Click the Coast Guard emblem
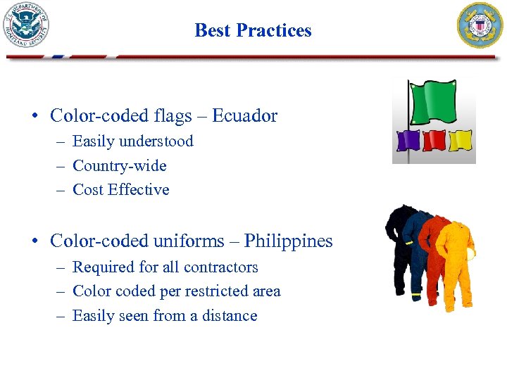point(481,25)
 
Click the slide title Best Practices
point(253,30)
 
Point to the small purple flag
point(408,140)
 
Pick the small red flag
point(434,140)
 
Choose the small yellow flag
point(460,140)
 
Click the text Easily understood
point(132,141)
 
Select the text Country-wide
point(120,166)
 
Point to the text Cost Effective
point(121,190)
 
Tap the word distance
point(230,316)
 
